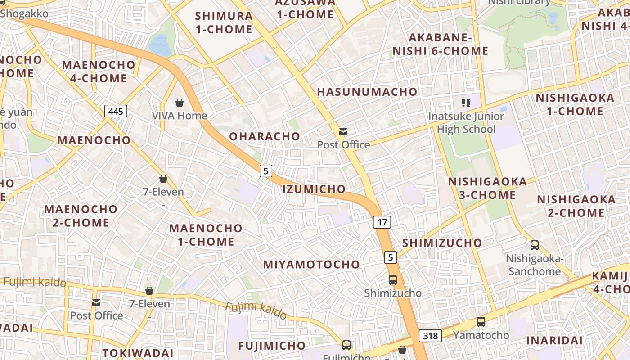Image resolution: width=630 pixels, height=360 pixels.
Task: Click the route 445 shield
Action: [116, 111]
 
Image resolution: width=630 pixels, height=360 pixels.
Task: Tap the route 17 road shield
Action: [382, 222]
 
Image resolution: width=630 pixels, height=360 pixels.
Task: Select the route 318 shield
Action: [430, 336]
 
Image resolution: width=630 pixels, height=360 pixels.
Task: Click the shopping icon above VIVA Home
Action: [180, 103]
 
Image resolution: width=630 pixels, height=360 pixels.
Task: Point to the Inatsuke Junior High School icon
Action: [466, 103]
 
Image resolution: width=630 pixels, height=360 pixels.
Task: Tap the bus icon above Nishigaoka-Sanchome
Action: [535, 245]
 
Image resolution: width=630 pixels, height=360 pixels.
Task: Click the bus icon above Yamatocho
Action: [481, 322]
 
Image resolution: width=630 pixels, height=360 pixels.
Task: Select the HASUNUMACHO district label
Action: [367, 92]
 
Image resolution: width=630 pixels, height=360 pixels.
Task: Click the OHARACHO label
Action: [265, 136]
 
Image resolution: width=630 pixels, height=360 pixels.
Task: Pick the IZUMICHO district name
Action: [314, 189]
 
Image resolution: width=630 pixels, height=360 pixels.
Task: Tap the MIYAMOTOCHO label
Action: [311, 264]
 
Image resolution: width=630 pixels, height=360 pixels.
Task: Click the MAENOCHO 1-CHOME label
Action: [206, 235]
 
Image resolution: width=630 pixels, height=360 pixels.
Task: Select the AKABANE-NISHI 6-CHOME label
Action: [441, 44]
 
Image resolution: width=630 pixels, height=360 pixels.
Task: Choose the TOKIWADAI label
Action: [138, 353]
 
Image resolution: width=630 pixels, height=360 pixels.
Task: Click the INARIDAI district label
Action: [554, 340]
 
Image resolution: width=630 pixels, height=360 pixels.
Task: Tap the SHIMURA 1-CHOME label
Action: [224, 22]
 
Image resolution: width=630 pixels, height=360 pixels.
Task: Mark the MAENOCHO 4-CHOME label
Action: [99, 71]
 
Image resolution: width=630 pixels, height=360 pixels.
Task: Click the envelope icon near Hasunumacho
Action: [343, 132]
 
